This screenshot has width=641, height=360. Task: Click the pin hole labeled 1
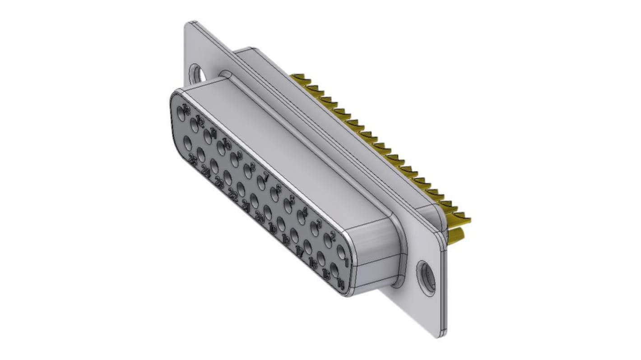click(342, 252)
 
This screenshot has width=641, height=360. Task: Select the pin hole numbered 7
click(261, 183)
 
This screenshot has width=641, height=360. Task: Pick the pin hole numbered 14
click(334, 271)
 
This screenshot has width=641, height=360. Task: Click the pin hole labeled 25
click(188, 143)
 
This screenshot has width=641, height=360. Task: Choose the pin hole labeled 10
click(222, 148)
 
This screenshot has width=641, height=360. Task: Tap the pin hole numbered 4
click(302, 218)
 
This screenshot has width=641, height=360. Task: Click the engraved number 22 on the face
click(233, 194)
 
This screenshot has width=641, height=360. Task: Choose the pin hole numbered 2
click(328, 241)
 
